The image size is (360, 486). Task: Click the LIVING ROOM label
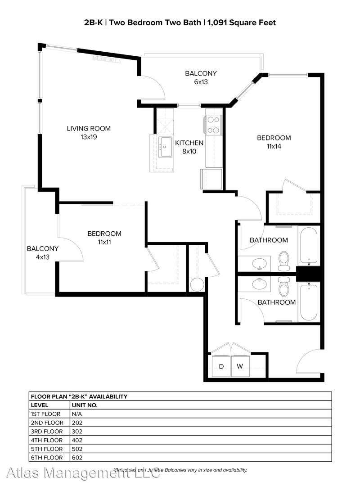(x=89, y=129)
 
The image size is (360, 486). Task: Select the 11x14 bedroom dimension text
(x=274, y=146)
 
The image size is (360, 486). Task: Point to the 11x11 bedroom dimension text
(x=104, y=242)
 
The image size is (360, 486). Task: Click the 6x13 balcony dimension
(x=201, y=82)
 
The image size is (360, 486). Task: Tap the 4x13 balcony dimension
(x=42, y=257)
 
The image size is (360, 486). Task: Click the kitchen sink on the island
(x=165, y=147)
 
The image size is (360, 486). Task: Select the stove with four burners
(x=213, y=125)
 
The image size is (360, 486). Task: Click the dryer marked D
(x=221, y=366)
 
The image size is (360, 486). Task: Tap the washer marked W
(x=240, y=366)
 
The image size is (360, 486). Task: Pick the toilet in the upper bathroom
(x=283, y=261)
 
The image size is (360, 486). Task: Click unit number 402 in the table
(x=77, y=440)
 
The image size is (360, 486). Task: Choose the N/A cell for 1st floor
(x=76, y=414)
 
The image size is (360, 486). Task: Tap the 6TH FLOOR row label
(x=46, y=458)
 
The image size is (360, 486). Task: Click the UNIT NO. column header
(x=85, y=405)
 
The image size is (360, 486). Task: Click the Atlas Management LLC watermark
(x=83, y=472)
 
